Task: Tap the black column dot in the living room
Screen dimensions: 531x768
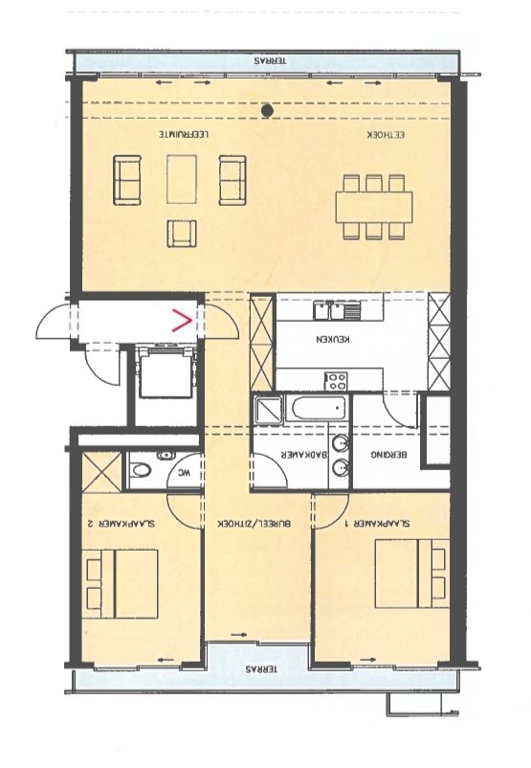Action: [x=267, y=111]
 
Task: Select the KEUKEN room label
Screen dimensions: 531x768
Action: [x=333, y=339]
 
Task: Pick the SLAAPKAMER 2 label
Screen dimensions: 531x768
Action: [x=120, y=524]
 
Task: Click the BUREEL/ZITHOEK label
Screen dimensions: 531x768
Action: [x=254, y=524]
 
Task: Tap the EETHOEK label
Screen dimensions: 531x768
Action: [x=387, y=135]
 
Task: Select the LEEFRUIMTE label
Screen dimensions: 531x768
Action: [x=184, y=134]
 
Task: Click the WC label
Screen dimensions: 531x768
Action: [x=183, y=474]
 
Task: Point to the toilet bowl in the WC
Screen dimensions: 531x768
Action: [x=142, y=472]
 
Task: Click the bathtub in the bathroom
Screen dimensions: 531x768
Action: [x=318, y=409]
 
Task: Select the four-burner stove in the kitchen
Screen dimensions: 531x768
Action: [x=337, y=381]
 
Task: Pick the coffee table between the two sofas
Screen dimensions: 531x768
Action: [x=182, y=179]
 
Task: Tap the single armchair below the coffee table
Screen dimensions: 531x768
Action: [x=182, y=234]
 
